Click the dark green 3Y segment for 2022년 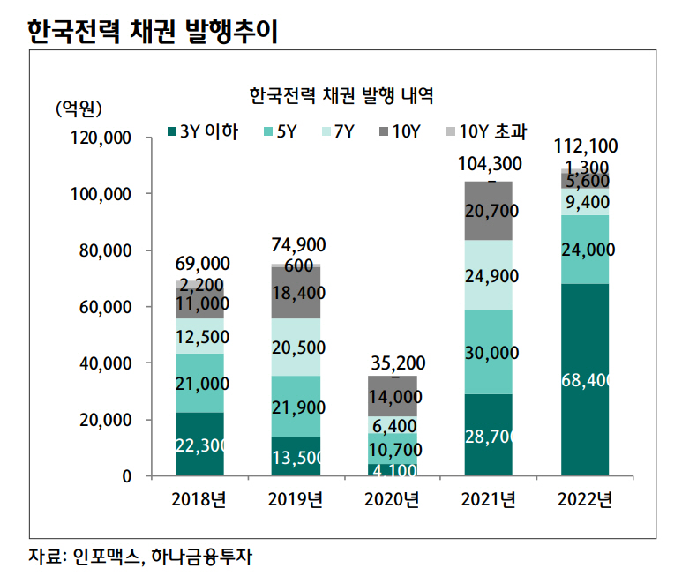[584, 379]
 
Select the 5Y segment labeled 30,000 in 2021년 [488, 352]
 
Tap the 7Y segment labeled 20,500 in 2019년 [296, 347]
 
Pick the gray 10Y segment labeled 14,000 [392, 396]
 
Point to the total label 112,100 [584, 146]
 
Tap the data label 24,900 [488, 275]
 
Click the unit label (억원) [79, 108]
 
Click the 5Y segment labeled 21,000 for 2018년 [199, 383]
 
